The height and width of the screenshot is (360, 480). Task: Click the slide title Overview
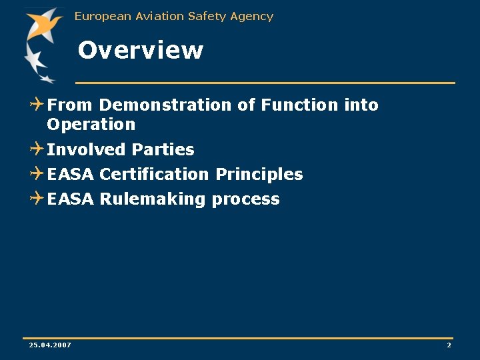coord(140,51)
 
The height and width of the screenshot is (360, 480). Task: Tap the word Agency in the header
coord(252,16)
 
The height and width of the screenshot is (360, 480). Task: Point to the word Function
coord(299,105)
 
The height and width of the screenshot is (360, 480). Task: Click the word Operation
coord(91,125)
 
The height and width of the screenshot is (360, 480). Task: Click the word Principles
coord(259,174)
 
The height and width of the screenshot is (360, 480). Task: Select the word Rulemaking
coord(153,199)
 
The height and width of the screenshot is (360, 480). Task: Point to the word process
coord(245,199)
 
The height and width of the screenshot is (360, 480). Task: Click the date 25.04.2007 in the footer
coord(50,345)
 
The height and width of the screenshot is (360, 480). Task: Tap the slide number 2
coord(449,345)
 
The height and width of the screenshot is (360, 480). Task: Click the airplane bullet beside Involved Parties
coord(37,149)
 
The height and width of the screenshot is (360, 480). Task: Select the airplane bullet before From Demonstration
coord(37,104)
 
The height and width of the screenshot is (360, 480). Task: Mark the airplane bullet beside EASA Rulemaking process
coord(37,198)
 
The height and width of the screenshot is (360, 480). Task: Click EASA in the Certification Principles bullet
coord(71,174)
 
